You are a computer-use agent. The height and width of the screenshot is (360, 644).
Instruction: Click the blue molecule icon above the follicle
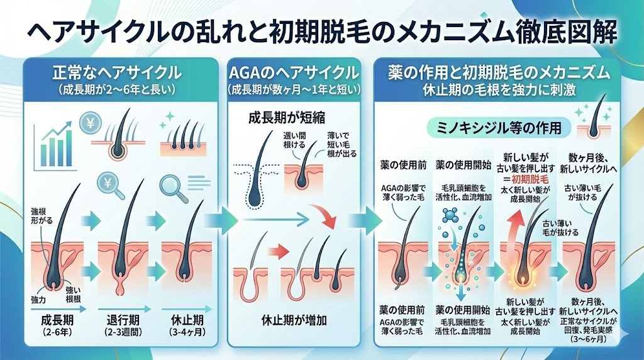(x=450, y=217)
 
